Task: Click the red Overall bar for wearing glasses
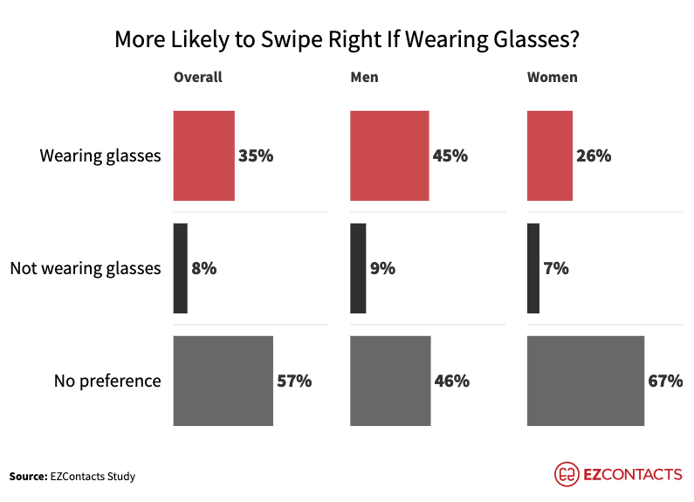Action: tap(204, 156)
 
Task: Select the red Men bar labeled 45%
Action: tap(389, 156)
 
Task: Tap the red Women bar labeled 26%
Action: tap(550, 156)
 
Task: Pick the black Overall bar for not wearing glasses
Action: tap(181, 269)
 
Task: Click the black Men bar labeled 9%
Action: tap(358, 269)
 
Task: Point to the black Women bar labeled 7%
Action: tap(533, 269)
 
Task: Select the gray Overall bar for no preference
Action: tap(223, 381)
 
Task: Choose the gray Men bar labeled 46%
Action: tap(390, 381)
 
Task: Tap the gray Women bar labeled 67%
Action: tap(586, 381)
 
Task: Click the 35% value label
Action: tap(256, 156)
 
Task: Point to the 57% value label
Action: tap(294, 381)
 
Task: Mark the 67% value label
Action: tap(665, 381)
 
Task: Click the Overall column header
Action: tap(198, 77)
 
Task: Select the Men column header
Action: tap(364, 77)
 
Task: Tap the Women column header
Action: tap(552, 77)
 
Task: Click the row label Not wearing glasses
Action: tap(86, 268)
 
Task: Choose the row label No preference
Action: tap(107, 381)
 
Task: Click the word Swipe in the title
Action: tap(308, 40)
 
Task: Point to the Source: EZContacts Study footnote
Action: tap(72, 476)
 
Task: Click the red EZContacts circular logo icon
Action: tap(567, 474)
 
